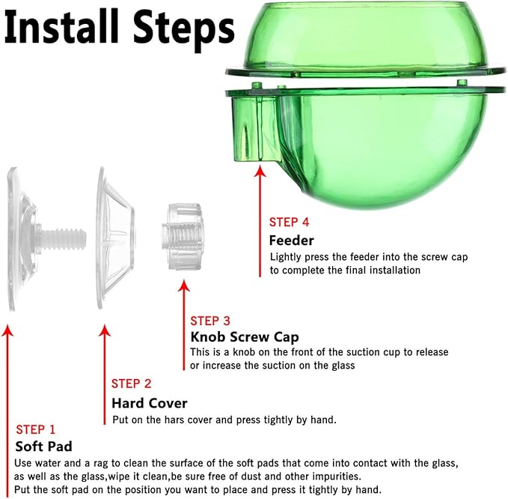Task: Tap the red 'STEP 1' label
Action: [36, 429]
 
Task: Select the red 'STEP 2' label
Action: [131, 384]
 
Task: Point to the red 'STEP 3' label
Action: [210, 321]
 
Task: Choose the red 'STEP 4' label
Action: [289, 223]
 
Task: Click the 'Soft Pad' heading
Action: [43, 447]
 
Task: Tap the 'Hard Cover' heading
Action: [150, 403]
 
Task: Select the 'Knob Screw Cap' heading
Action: [245, 337]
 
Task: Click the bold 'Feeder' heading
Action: [292, 241]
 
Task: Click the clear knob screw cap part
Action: [182, 237]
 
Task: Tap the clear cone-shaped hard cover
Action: [115, 238]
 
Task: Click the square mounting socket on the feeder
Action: [254, 129]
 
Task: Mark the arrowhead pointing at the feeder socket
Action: [260, 171]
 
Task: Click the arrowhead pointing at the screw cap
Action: [184, 285]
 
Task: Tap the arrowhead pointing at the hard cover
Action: [105, 330]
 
